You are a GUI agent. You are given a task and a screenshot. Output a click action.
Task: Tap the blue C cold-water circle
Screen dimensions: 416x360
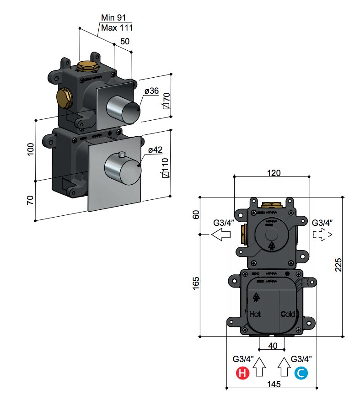click(x=301, y=373)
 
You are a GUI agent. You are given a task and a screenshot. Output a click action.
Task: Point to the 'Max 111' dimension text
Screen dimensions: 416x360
click(x=117, y=28)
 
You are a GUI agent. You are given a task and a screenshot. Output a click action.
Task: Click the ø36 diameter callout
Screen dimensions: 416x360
click(x=151, y=91)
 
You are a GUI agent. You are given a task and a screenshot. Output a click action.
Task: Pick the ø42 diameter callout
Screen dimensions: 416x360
click(x=155, y=150)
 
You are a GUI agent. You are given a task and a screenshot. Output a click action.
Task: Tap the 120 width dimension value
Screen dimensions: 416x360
click(x=273, y=172)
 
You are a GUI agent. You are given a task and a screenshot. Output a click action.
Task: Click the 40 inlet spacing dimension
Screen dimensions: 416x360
click(x=273, y=346)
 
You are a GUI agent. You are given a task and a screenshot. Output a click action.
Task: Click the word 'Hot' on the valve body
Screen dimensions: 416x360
click(x=255, y=315)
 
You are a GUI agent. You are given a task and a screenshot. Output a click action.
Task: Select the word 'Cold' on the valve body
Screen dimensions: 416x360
click(x=288, y=315)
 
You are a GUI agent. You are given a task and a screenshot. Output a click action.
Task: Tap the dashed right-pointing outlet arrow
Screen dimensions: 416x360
click(x=322, y=235)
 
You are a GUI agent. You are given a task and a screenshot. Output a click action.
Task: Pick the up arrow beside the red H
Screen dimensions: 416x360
click(x=260, y=366)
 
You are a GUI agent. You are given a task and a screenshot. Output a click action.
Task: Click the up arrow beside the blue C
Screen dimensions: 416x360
click(x=284, y=366)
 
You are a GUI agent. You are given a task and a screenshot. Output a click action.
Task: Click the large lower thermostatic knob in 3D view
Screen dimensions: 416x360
click(x=123, y=168)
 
